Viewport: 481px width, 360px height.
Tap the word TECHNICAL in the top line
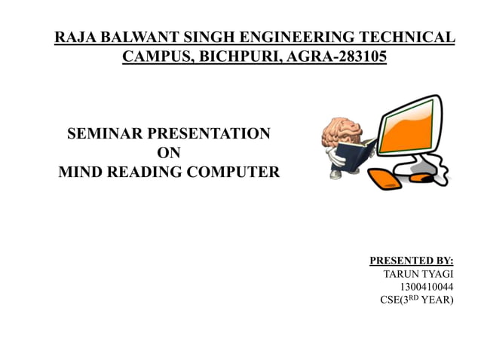tap(408, 36)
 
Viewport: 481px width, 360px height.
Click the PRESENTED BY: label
tap(411, 261)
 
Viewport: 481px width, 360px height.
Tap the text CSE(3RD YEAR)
tap(416, 301)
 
